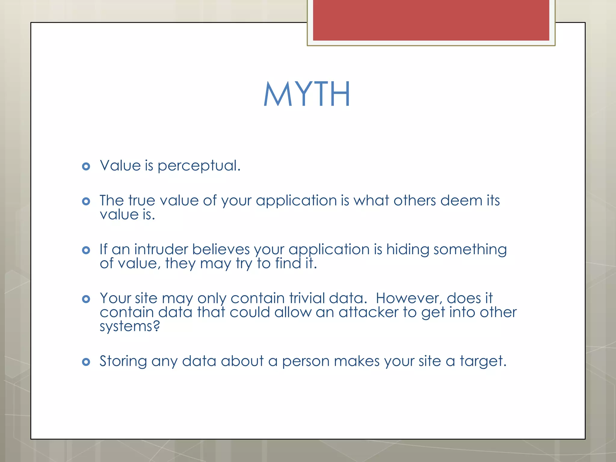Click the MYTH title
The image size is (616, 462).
pyautogui.click(x=307, y=94)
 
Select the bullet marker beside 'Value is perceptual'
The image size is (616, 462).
pyautogui.click(x=86, y=166)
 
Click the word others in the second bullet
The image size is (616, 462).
pyautogui.click(x=414, y=201)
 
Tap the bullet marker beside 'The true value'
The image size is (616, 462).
pyautogui.click(x=86, y=201)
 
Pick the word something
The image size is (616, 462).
pyautogui.click(x=470, y=250)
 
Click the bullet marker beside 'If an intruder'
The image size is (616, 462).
pyautogui.click(x=86, y=250)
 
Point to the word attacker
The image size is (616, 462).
pyautogui.click(x=368, y=313)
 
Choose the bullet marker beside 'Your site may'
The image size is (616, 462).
pyautogui.click(x=86, y=299)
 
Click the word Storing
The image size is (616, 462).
pyautogui.click(x=123, y=362)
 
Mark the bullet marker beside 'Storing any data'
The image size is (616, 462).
pyautogui.click(x=86, y=362)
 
